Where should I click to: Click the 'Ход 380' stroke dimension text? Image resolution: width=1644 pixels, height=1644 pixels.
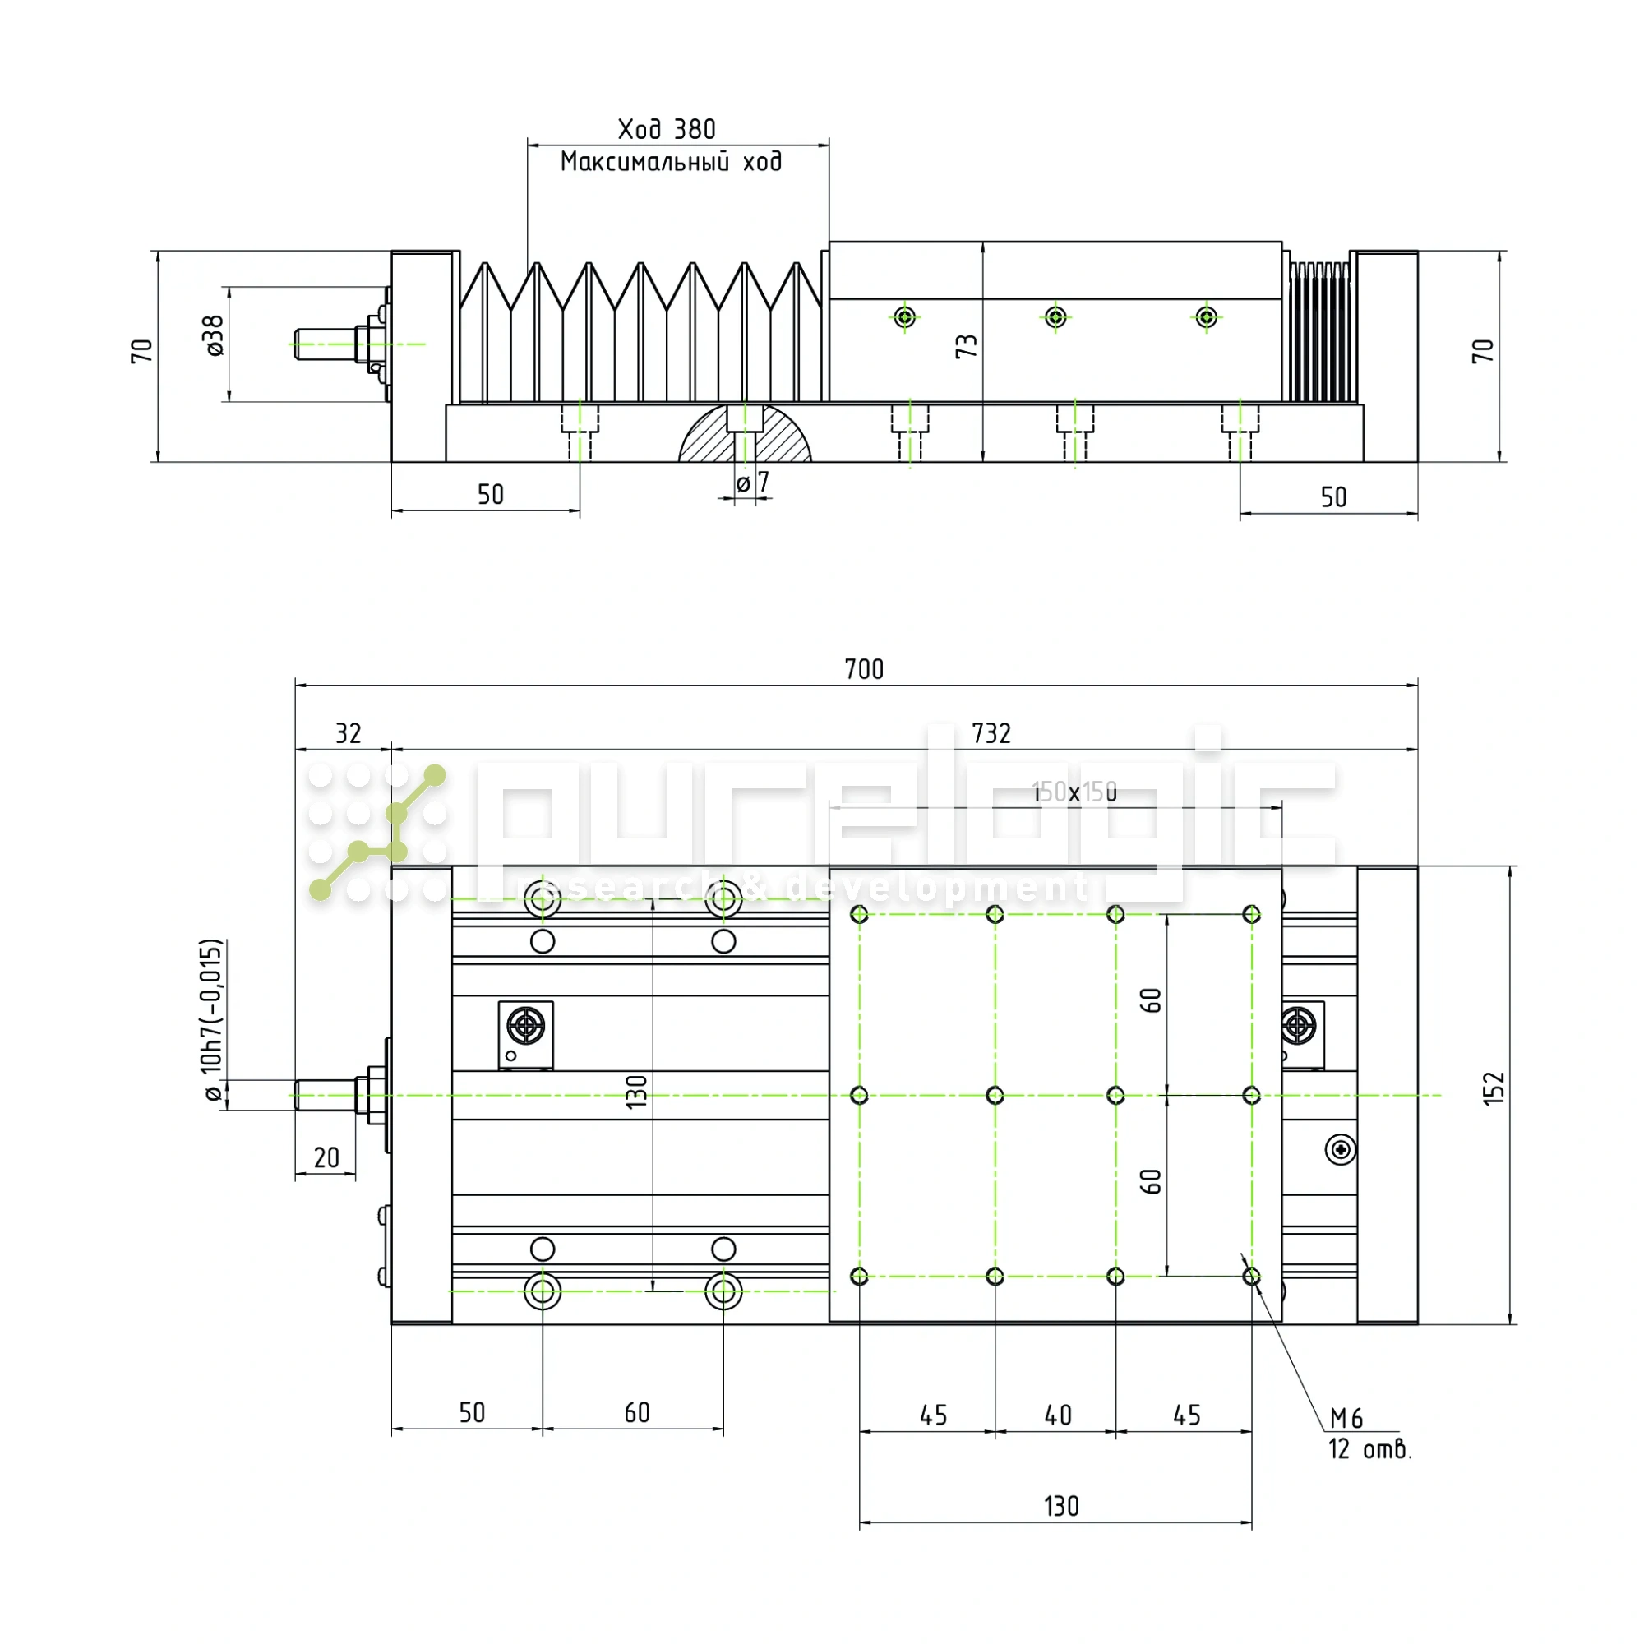667,129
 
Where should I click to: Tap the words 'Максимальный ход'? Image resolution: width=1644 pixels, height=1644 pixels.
671,162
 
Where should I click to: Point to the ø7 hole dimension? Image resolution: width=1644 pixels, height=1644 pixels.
752,483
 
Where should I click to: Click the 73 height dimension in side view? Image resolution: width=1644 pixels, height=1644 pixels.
967,345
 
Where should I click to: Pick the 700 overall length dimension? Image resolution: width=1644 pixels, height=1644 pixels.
864,669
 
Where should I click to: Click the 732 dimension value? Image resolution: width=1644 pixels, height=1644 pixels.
991,732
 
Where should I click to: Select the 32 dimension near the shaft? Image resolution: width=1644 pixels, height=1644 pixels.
348,732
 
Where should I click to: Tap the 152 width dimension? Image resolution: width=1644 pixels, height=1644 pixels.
1494,1088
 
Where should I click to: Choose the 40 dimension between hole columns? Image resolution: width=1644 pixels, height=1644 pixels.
1058,1415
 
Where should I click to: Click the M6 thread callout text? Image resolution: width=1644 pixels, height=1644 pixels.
1346,1418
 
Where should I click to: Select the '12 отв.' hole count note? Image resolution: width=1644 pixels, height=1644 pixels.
1369,1449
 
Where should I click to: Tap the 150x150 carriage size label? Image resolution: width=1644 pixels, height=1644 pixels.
1074,792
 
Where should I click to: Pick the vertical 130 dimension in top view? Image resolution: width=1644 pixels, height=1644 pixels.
636,1091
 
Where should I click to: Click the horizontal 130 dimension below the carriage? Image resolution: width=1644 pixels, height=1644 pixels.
1061,1506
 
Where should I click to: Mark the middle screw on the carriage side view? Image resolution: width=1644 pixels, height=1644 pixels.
1055,317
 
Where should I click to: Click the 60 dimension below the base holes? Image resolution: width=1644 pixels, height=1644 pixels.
636,1412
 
